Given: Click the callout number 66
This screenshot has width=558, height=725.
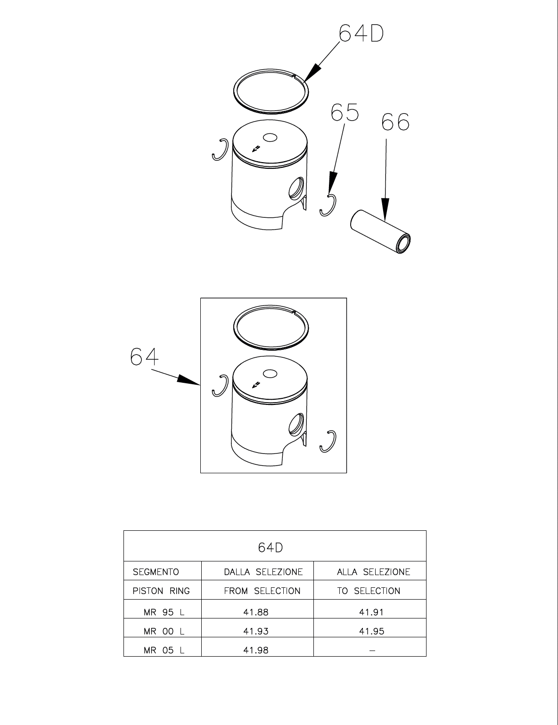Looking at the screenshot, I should [395, 122].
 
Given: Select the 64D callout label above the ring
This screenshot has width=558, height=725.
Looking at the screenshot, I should [361, 33].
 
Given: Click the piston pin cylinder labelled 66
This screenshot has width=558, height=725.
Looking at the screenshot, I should [381, 232].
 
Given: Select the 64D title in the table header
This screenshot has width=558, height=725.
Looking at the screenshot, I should [271, 547].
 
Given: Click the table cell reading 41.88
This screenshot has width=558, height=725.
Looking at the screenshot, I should [256, 612].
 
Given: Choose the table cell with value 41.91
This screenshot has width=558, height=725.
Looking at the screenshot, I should [372, 612].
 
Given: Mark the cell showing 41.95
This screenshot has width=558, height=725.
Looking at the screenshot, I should [372, 631].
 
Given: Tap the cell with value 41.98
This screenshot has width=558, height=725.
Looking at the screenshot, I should [256, 650].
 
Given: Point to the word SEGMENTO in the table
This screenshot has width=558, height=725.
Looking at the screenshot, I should [156, 572].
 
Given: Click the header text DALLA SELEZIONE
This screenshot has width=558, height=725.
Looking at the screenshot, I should [263, 572].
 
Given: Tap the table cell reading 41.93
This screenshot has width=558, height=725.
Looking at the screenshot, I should [256, 631].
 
